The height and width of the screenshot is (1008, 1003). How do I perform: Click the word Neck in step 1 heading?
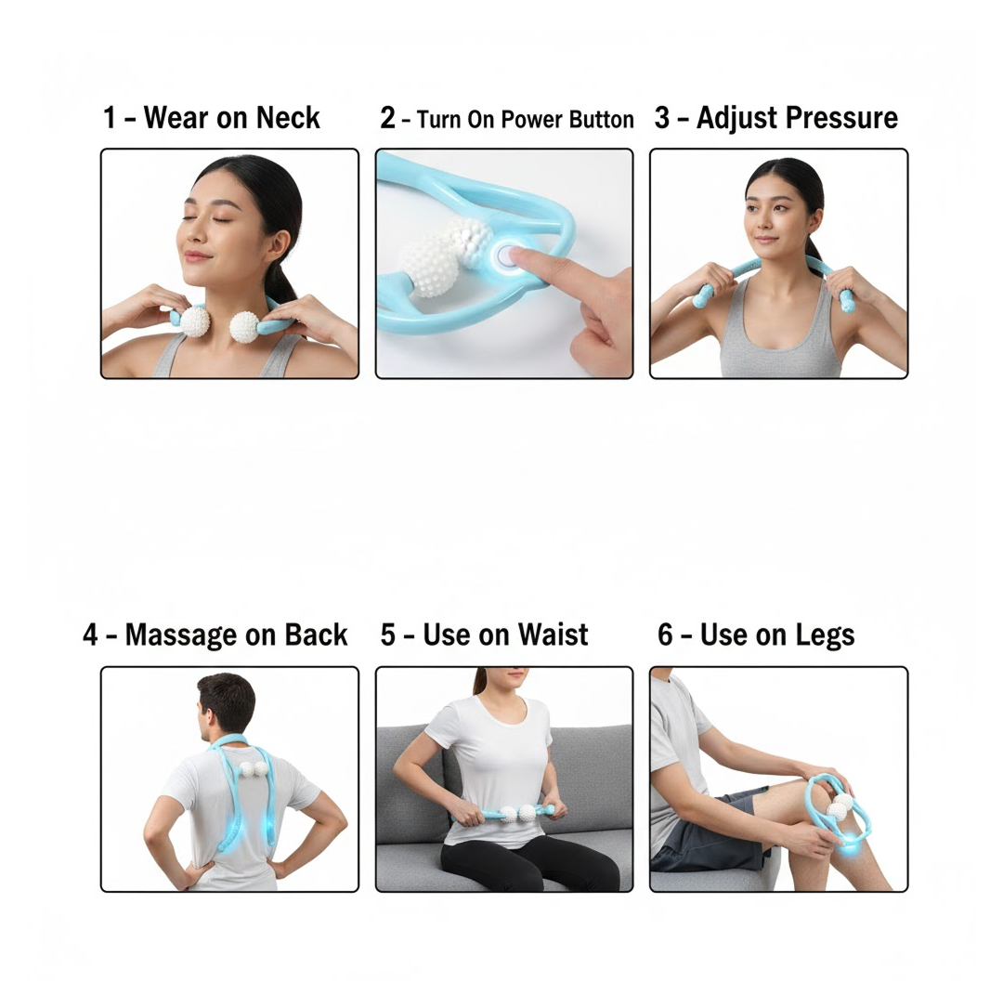(288, 119)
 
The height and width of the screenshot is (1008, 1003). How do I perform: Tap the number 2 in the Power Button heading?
(387, 119)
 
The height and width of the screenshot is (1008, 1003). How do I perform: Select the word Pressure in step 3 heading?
(846, 119)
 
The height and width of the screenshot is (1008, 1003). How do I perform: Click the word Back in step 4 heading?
(316, 635)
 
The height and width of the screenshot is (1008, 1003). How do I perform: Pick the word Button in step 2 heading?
(599, 120)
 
